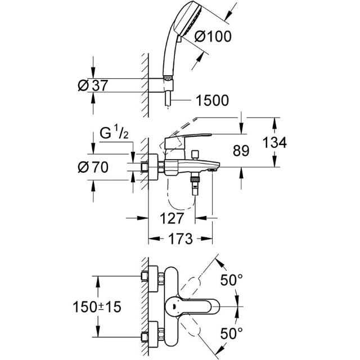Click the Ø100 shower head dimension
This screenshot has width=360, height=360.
(213, 37)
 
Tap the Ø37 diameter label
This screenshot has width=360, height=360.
(92, 85)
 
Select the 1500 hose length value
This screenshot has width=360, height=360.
(212, 100)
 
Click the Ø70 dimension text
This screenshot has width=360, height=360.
(93, 167)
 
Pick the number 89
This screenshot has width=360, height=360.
(241, 151)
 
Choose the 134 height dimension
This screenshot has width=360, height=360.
(274, 142)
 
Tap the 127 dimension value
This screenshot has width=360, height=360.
(172, 218)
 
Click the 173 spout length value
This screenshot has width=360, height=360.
(181, 238)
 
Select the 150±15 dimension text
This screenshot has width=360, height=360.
(97, 307)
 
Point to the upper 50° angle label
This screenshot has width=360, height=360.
(231, 280)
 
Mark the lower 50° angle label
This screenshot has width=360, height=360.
(231, 333)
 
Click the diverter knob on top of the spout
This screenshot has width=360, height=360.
(195, 155)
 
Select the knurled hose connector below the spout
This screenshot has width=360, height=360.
(195, 178)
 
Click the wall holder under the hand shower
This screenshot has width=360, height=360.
(161, 85)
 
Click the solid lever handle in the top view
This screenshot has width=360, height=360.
(192, 307)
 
